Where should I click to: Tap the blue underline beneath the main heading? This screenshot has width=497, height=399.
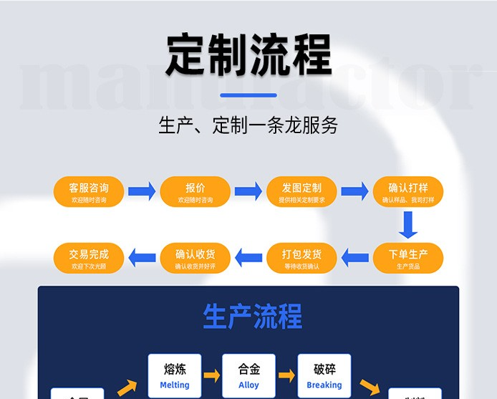(248, 95)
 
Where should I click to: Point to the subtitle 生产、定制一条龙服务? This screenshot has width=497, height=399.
(248, 126)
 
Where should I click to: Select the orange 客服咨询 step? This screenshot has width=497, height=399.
(89, 192)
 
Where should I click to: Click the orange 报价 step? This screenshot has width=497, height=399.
(196, 192)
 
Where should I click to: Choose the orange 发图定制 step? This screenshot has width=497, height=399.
(301, 192)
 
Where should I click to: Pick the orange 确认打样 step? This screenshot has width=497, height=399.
(407, 192)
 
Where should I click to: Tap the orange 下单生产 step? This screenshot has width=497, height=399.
(407, 258)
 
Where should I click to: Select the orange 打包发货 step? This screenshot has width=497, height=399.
(301, 258)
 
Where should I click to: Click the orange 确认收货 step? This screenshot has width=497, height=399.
(196, 258)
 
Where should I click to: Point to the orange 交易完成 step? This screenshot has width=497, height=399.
(89, 258)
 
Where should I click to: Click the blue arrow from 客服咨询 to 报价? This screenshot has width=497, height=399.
(142, 191)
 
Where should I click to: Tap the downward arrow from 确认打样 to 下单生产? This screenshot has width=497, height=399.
(408, 226)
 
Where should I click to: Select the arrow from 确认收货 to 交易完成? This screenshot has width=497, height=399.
(142, 256)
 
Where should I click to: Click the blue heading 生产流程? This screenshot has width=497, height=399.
(252, 316)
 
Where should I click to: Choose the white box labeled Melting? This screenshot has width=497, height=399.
(175, 375)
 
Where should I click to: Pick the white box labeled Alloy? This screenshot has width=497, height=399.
(249, 375)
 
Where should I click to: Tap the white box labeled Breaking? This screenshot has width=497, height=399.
(324, 375)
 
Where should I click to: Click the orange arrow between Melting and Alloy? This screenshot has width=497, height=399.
(212, 375)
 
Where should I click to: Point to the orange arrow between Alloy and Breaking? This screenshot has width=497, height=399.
(286, 375)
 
